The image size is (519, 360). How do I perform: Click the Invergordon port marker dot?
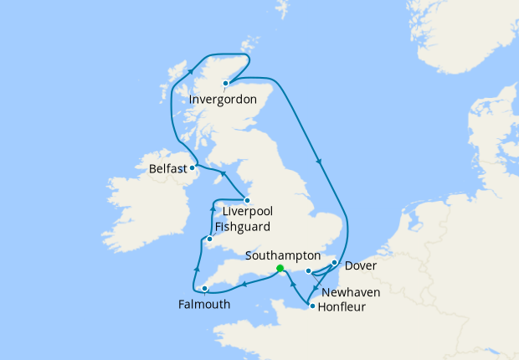[x=226, y=83]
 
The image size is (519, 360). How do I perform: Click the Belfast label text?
[x=167, y=169]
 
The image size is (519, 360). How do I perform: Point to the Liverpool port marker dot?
[x=247, y=200]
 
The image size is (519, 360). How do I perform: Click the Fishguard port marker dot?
[x=210, y=241]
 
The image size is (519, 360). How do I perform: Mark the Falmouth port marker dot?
[x=204, y=290]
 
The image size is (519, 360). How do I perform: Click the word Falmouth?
[x=203, y=305]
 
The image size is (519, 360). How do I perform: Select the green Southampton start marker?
[x=280, y=269]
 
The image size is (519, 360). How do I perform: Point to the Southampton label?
[x=285, y=255]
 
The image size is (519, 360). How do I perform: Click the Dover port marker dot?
[x=334, y=263]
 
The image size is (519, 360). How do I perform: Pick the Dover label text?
[x=360, y=266]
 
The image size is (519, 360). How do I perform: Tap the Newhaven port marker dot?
[x=309, y=270]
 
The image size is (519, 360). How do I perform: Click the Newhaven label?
[x=351, y=292]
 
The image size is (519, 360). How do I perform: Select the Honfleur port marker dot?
[x=312, y=306]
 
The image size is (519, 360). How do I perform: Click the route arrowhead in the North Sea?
[x=319, y=161]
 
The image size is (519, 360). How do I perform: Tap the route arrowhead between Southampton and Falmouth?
[x=244, y=285]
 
